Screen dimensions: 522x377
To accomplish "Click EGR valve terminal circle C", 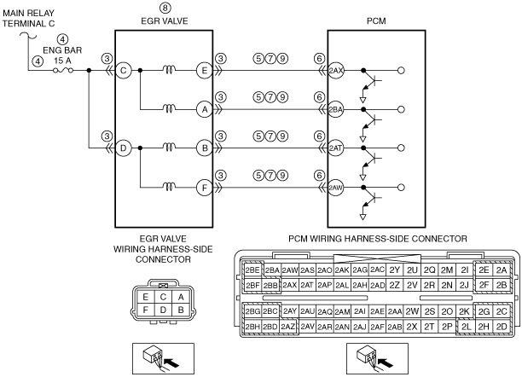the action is pos(123,71).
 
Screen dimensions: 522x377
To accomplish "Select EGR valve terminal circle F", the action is pos(205,188).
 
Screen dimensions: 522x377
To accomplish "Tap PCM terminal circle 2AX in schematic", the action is pos(335,71).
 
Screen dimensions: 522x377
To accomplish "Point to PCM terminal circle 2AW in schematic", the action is pos(335,188).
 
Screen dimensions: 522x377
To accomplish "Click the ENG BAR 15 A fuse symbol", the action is pos(63,70).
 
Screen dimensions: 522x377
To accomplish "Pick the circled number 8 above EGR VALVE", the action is pos(165,8).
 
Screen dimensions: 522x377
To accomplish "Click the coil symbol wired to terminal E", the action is pos(169,69).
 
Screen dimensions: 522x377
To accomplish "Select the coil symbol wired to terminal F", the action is pos(169,187).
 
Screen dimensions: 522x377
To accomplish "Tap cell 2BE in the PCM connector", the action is pos(252,270).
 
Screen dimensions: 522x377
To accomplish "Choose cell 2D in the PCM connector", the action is pos(501,327).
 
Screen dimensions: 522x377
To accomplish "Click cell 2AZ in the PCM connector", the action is pos(288,327).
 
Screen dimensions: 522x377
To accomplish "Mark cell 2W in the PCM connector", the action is pos(412,311).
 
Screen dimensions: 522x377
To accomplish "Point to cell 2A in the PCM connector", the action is pos(501,270).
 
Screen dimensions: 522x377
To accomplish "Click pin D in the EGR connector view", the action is pos(163,310).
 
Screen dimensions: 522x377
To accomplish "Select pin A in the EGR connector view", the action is pos(181,297).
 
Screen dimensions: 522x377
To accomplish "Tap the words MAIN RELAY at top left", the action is pos(28,14).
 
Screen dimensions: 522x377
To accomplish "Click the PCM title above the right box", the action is pos(376,21).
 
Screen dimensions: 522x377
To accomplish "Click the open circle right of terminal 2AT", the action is pos(401,148).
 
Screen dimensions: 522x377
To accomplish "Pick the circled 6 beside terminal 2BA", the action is pos(319,97).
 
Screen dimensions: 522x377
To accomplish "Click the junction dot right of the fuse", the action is pos(89,71).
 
